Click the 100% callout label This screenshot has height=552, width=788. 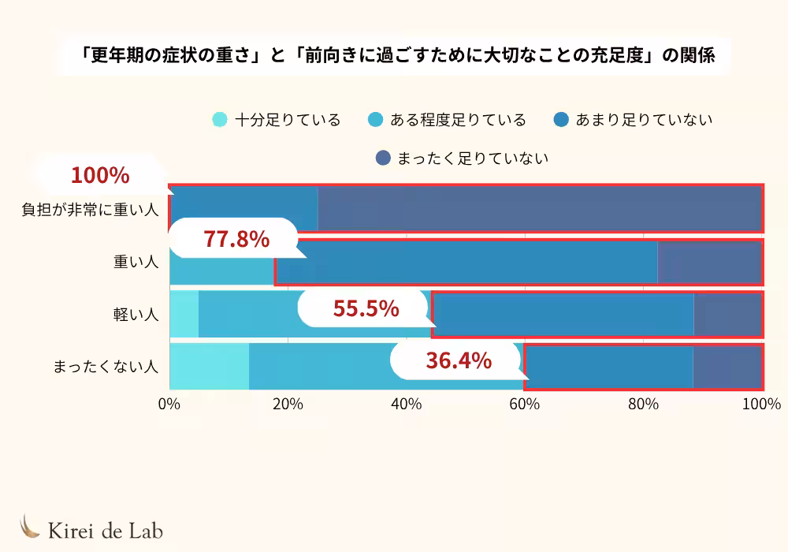[100, 176]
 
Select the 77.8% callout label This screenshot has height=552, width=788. [236, 239]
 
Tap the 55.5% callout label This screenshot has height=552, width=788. [366, 308]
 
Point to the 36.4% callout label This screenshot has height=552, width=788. [459, 361]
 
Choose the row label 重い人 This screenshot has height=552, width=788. [136, 262]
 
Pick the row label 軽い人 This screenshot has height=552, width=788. [136, 315]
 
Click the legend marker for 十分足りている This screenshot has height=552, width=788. [220, 121]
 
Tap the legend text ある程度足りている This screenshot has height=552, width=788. [458, 121]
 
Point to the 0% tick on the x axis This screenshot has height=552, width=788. [169, 405]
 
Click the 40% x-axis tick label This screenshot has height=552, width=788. [406, 405]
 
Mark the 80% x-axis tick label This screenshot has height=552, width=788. [643, 405]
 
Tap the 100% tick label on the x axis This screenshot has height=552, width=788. [761, 405]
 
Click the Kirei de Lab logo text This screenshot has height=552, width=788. [106, 530]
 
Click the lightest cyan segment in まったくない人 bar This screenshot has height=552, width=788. [209, 367]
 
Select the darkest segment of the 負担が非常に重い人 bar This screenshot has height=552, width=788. [540, 210]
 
